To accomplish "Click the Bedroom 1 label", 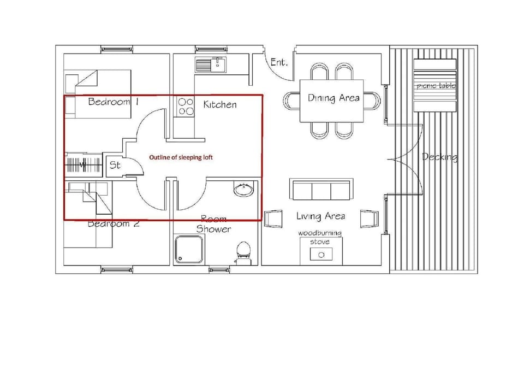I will [113, 102].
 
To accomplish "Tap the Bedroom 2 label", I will [115, 223].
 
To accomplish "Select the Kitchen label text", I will [220, 104].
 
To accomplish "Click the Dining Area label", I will [334, 98].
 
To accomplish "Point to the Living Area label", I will [320, 216].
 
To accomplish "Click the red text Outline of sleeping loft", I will [181, 157].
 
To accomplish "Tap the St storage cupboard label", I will [115, 164].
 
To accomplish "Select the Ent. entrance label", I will [279, 63].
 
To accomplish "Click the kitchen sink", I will [211, 64].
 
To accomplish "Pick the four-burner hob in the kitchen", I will [186, 106].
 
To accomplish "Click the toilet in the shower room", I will [243, 252].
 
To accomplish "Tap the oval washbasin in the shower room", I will [243, 190].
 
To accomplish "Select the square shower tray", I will [188, 249].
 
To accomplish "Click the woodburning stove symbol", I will [321, 254].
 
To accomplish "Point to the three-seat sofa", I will [321, 190].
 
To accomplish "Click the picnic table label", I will [435, 86].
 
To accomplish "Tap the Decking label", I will [439, 157].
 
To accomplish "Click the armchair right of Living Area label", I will [370, 218].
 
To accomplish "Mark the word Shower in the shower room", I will [213, 229].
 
